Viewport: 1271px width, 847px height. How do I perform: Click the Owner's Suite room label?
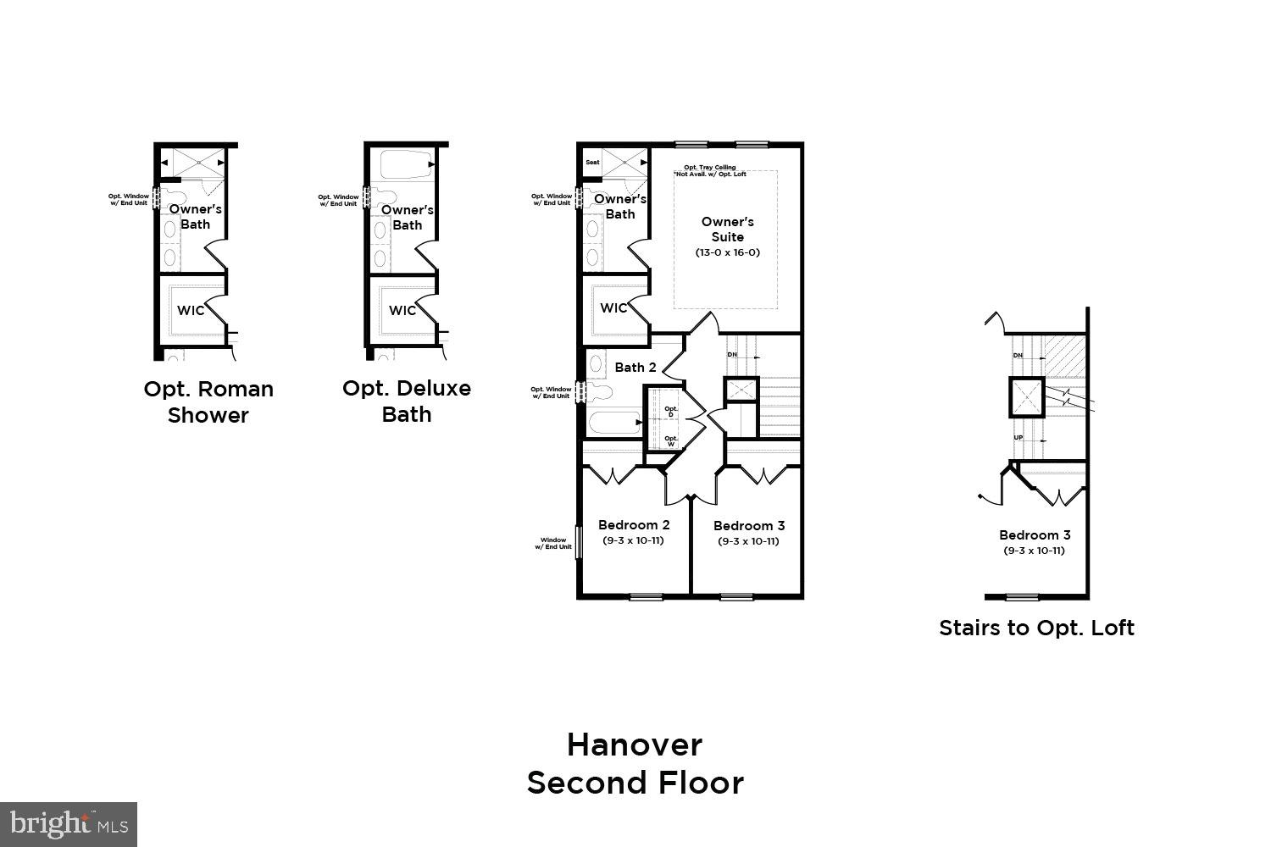727,230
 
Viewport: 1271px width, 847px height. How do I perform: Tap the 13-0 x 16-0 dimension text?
727,252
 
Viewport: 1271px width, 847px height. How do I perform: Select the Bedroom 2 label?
634,525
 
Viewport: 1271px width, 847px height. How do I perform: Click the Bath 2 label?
635,368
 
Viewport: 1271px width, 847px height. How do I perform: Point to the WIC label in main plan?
613,307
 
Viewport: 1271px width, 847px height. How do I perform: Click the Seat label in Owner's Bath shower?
592,163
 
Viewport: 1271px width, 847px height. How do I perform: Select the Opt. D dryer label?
671,412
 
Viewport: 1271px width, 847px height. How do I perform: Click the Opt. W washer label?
671,440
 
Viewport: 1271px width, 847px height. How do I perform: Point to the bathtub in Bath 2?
613,423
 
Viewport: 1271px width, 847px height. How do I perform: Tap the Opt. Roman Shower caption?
208,401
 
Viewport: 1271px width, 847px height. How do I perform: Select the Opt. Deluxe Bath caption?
407,401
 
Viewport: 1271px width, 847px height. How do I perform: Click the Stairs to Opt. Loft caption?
1036,628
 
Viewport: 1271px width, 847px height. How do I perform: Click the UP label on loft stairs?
1018,438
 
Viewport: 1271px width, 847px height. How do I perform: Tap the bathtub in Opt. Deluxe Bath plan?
406,163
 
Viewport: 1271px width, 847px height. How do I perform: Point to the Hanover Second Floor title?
635,763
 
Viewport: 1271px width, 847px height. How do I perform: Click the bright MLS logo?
69,823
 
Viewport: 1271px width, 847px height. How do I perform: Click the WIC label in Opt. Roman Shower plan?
191,310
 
